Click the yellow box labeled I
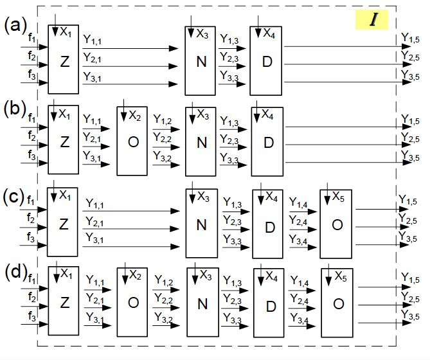coord(373,20)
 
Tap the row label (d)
coord(15,271)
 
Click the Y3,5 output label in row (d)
coord(411,314)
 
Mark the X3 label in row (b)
coord(203,116)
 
